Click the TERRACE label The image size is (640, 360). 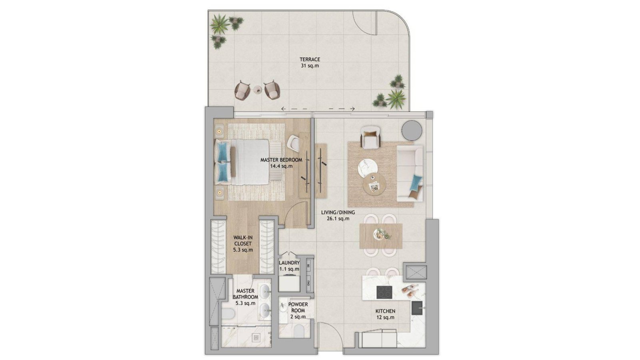[310, 60]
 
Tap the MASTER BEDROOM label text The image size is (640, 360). [281, 160]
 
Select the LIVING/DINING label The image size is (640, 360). [338, 212]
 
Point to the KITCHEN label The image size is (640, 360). [385, 311]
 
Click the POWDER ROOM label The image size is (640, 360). [298, 308]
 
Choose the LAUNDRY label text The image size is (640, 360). [289, 262]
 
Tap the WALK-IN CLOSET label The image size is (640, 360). [243, 240]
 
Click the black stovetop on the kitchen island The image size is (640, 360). [384, 292]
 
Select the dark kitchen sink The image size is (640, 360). [417, 308]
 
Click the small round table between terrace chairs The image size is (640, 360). [258, 90]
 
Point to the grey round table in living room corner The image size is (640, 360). [412, 130]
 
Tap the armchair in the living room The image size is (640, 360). [370, 138]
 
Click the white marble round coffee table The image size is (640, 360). [368, 168]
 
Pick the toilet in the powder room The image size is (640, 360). [300, 331]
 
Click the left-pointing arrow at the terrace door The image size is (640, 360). [294, 109]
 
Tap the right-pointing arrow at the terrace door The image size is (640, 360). [342, 109]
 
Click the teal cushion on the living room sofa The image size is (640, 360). [416, 183]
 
